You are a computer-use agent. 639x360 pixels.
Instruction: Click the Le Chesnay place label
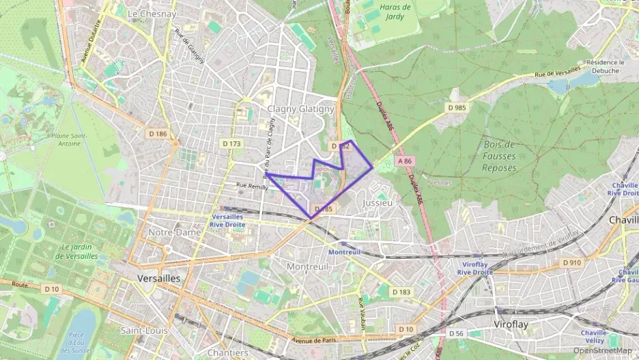click(152, 14)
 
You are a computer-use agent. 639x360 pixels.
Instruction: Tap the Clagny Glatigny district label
click(301, 109)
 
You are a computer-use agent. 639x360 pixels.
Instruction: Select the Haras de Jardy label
click(396, 12)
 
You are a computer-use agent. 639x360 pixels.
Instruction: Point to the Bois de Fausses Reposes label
click(499, 156)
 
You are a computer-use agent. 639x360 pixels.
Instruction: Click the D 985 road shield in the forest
click(457, 107)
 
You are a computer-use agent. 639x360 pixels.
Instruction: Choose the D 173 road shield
click(231, 143)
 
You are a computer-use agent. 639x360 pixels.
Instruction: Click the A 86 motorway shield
click(404, 161)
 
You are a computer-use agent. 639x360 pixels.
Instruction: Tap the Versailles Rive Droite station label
click(227, 221)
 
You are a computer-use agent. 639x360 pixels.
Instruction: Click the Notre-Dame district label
click(174, 232)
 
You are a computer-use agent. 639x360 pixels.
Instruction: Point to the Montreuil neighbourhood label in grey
click(308, 266)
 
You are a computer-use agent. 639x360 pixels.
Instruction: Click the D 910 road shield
click(571, 262)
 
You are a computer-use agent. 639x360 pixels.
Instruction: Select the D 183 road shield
click(402, 292)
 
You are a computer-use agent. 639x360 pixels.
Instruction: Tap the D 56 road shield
click(457, 333)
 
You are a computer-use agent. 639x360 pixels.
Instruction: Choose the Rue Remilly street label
click(252, 185)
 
